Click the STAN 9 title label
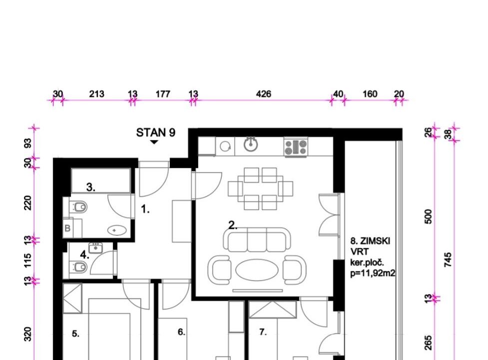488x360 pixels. click(x=156, y=132)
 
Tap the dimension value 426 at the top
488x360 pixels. click(x=263, y=93)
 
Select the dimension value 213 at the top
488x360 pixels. click(x=96, y=93)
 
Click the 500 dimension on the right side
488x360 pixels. click(x=428, y=216)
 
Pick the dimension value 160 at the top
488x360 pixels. click(x=370, y=93)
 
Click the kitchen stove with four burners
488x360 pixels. click(x=296, y=147)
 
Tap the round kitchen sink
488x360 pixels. click(x=251, y=144)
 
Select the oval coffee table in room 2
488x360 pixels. click(x=257, y=270)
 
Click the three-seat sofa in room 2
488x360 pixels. click(x=257, y=239)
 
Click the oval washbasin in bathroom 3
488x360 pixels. click(x=117, y=230)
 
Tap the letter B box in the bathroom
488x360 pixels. click(x=67, y=228)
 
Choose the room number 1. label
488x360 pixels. click(x=145, y=209)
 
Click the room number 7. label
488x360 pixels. click(x=263, y=332)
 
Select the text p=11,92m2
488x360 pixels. click(x=373, y=273)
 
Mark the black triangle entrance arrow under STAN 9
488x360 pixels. click(x=154, y=142)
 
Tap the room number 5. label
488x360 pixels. click(x=75, y=334)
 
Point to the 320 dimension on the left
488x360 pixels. click(x=27, y=334)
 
